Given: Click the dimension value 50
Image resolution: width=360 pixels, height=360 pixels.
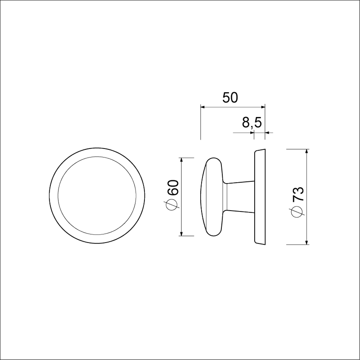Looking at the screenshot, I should tap(230, 98).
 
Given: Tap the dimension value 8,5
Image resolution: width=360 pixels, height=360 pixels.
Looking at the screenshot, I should tap(252, 123).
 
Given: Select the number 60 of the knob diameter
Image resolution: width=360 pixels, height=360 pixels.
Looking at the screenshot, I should tap(173, 187).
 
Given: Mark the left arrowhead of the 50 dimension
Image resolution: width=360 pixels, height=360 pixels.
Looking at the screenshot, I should tap(202, 107).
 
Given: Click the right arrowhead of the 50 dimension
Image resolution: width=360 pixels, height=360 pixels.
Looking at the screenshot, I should tap(262, 107).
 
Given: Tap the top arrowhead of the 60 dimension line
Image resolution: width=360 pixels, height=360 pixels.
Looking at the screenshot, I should tap(181, 161).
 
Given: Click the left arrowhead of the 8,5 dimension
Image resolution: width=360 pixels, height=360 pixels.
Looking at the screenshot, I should tap(253, 133).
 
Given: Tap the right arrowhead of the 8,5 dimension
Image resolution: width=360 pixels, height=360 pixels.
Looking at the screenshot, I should tap(267, 133).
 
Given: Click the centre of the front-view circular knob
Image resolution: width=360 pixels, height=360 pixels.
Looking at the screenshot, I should tap(97, 196).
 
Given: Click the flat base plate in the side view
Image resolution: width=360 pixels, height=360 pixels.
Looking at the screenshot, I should tap(260, 196).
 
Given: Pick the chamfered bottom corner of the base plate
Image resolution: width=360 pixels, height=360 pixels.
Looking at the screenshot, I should tap(260, 243).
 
